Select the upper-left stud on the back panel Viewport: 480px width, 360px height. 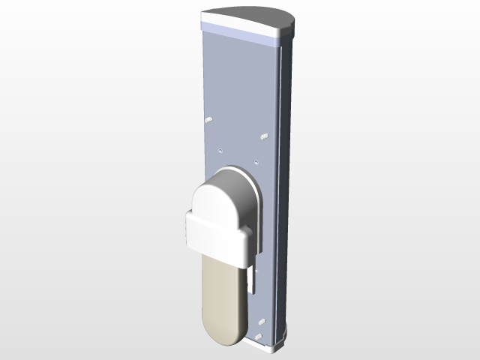207,120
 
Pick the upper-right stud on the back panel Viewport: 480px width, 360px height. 264,136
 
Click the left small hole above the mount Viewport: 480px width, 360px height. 220,150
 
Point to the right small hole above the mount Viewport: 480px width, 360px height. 256,160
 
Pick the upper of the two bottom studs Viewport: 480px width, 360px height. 262,321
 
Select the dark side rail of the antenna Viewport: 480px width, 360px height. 285,187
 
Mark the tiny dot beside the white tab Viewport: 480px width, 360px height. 256,271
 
